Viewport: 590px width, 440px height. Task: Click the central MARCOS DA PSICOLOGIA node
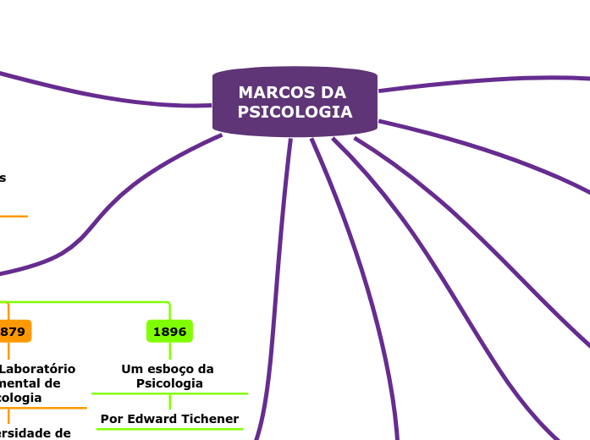[x=295, y=102]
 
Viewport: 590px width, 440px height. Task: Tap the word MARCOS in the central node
[x=269, y=92]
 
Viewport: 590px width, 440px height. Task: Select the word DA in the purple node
[x=334, y=92]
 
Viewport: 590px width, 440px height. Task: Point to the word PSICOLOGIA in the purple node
[x=295, y=113]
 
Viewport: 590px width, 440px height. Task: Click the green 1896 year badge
[x=169, y=332]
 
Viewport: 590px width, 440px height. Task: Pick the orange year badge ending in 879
[x=14, y=332]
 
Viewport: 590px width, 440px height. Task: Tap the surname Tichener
[x=212, y=419]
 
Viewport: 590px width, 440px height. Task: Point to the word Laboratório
[x=37, y=369]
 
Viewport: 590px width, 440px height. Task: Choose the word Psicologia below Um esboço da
[x=169, y=383]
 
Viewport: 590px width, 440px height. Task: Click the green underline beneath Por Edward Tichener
[x=169, y=429]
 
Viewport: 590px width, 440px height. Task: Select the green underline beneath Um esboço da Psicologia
[x=169, y=393]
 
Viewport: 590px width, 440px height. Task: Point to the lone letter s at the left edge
[x=3, y=178]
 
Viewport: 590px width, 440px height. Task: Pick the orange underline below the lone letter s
[x=13, y=216]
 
